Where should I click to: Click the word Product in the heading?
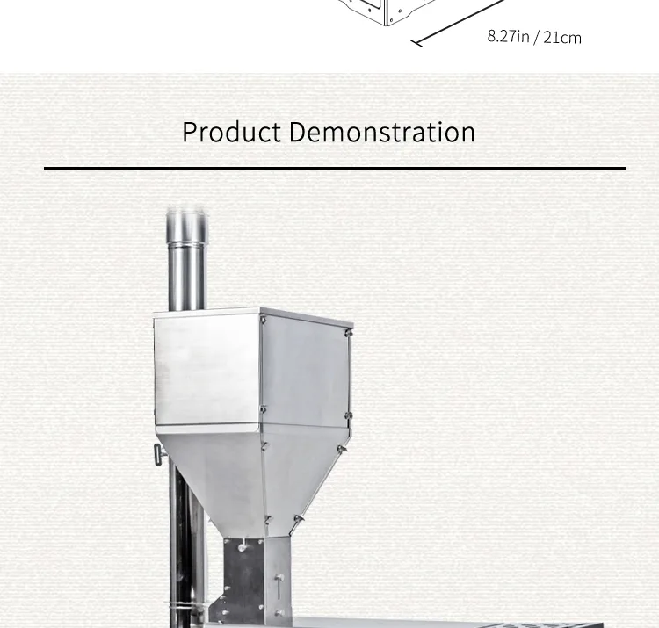pyautogui.click(x=232, y=132)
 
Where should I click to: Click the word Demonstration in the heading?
pyautogui.click(x=382, y=132)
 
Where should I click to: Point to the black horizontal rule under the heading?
pyautogui.click(x=335, y=168)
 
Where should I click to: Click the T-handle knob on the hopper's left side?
pyautogui.click(x=159, y=455)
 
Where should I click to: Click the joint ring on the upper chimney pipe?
pyautogui.click(x=187, y=242)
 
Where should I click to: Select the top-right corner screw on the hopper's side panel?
pyautogui.click(x=348, y=333)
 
